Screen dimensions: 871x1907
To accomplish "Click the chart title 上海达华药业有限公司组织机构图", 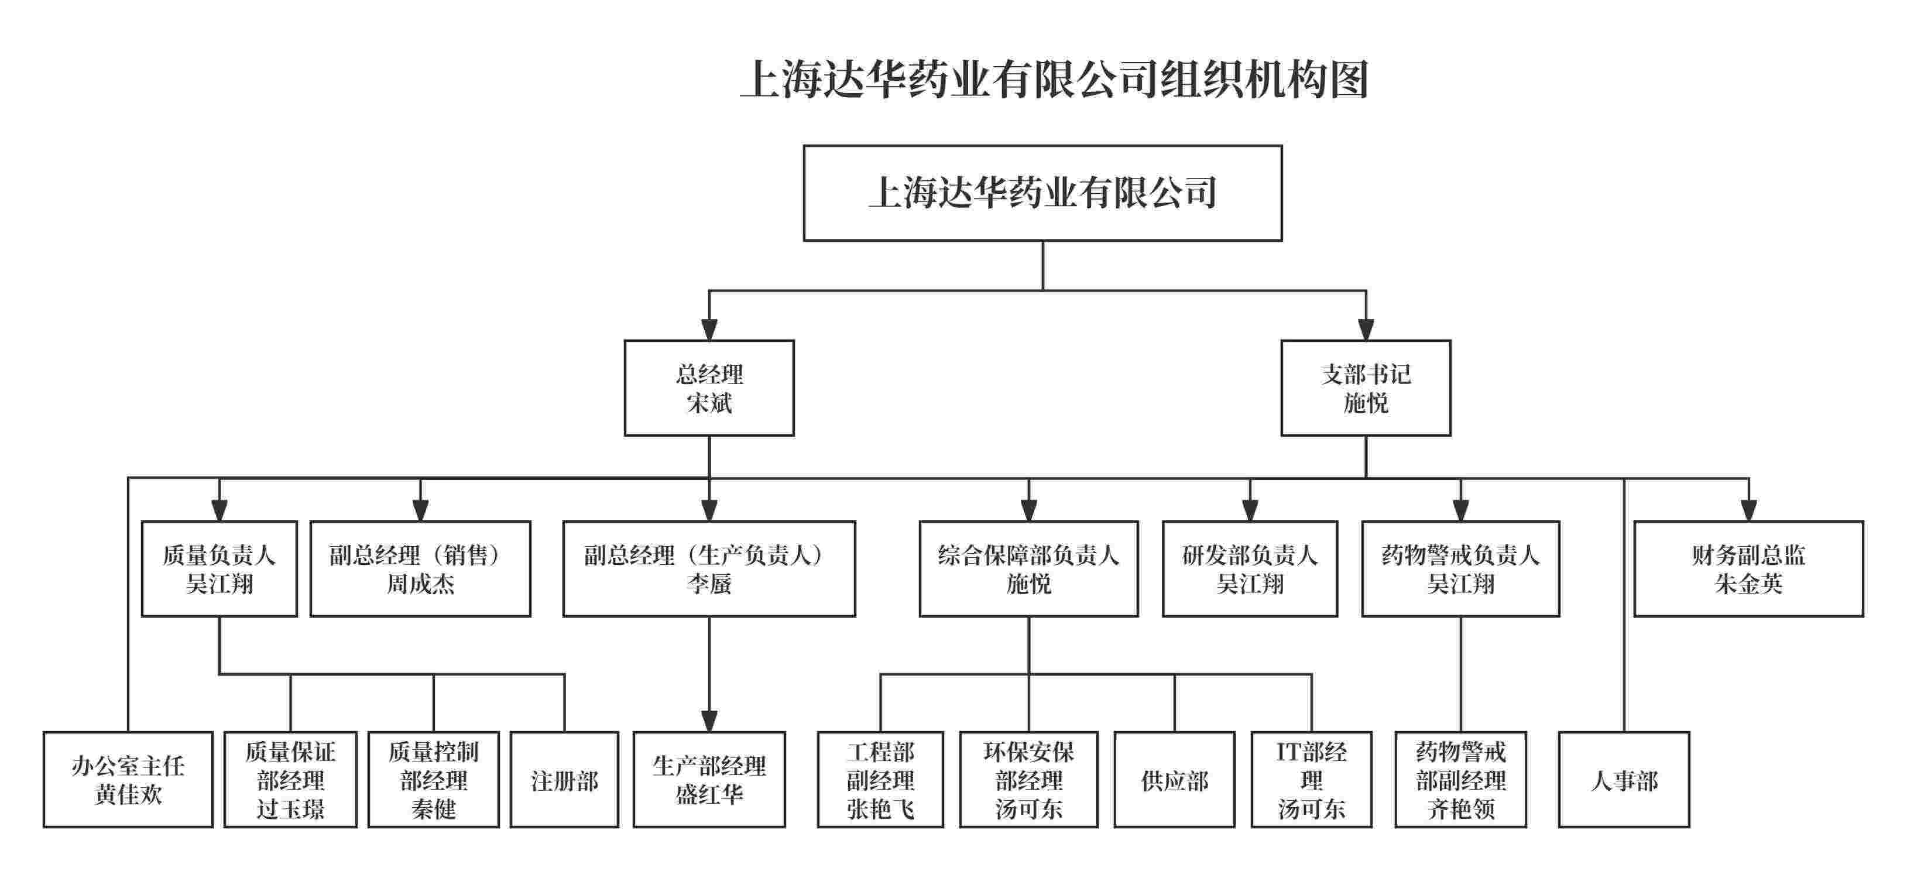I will coord(1054,80).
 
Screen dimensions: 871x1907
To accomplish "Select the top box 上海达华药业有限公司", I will coord(1042,193).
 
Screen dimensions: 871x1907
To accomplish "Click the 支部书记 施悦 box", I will coord(1365,388).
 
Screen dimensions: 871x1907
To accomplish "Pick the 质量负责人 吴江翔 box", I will coord(219,568).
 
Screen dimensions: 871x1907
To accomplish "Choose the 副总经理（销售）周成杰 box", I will coord(420,568).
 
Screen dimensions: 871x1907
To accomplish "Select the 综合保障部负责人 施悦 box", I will coord(1028,568).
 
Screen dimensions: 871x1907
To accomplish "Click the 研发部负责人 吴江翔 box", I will coord(1250,568).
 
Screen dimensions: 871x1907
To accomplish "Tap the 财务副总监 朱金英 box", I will coord(1748,568).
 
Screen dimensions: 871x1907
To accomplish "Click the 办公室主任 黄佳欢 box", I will coord(128,779).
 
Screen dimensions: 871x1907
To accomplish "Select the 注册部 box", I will coord(564,779).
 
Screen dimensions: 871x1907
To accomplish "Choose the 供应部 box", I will coord(1174,779).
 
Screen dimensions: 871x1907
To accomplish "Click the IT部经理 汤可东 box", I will coord(1311,779).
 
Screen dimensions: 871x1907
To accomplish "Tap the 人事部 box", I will coord(1624,779).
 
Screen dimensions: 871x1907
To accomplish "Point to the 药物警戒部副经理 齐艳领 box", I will coord(1460,779).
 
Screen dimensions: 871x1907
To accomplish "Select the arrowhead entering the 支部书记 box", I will coord(1366,330).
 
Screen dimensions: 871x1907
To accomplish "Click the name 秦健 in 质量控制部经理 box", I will coord(433,809).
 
